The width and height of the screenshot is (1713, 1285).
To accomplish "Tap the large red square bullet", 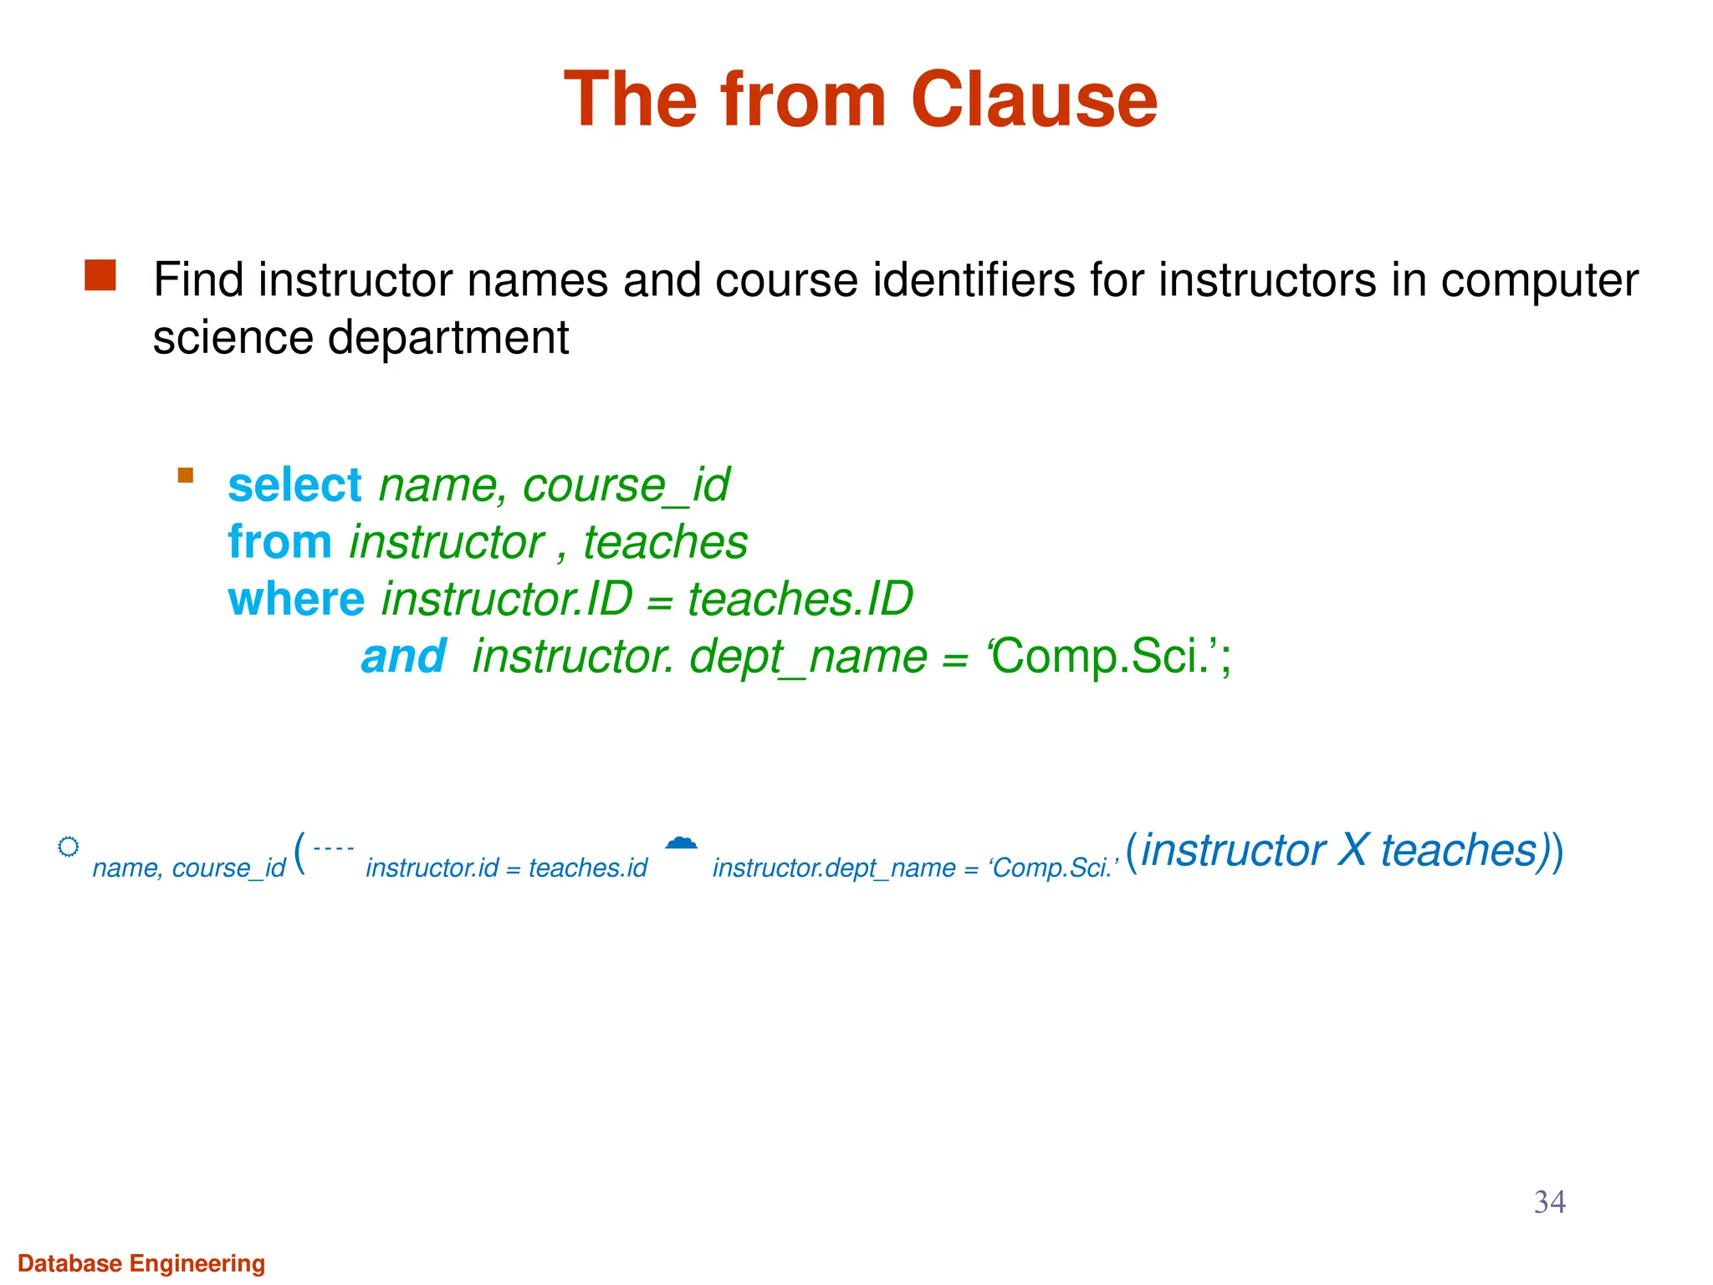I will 100,276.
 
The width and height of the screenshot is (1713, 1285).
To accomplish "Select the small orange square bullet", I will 186,476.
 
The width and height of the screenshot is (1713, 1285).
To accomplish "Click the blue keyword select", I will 294,485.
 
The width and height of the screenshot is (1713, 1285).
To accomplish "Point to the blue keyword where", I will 296,600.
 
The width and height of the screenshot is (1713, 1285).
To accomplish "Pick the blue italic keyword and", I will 403,657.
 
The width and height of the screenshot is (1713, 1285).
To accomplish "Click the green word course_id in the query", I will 626,485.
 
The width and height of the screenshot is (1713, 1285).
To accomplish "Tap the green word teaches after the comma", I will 665,542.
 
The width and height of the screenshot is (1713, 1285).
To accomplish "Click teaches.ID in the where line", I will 800,600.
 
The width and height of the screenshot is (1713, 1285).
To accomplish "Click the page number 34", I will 1549,1202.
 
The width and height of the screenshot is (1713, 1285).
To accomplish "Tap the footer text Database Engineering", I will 141,1263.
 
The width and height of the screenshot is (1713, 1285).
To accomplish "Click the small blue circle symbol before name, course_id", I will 69,847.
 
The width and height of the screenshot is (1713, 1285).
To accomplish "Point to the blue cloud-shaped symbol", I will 681,842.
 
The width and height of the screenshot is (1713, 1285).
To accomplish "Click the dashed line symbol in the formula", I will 333,848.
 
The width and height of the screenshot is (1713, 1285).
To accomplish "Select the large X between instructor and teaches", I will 1353,851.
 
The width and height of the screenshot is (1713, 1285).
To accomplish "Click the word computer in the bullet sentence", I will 1539,280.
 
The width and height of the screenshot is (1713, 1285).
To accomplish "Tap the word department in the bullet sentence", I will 447,338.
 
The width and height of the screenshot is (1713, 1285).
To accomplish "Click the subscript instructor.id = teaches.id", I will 506,868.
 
